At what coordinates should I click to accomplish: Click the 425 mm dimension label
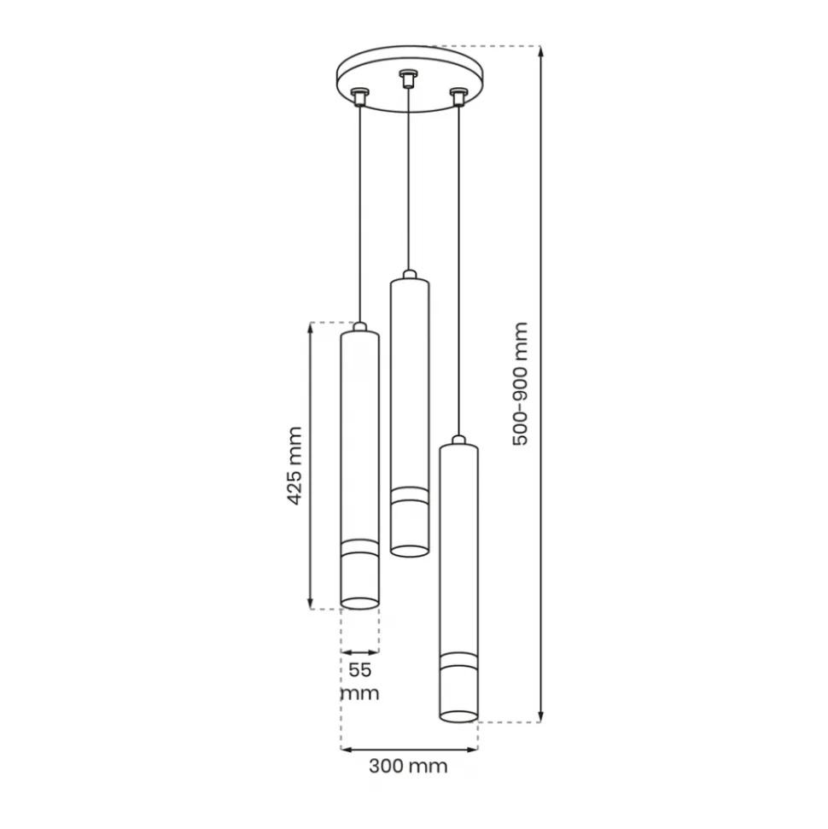(x=294, y=466)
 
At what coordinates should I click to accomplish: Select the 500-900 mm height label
(x=521, y=384)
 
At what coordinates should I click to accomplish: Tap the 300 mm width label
(x=408, y=766)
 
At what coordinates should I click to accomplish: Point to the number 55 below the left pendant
(x=360, y=670)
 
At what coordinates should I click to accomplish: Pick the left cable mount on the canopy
(x=359, y=96)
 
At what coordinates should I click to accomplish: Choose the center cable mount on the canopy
(x=407, y=79)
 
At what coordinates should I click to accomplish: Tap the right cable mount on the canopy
(x=458, y=96)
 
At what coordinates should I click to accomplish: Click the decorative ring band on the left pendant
(x=359, y=548)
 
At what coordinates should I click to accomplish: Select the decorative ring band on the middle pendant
(x=409, y=495)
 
